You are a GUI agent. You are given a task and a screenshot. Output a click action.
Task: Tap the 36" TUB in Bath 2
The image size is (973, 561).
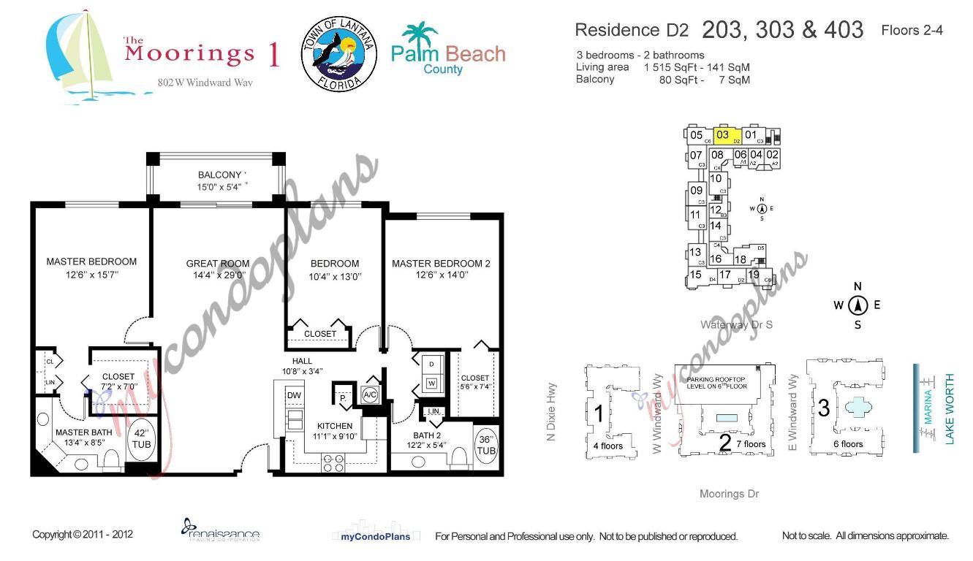pos(486,445)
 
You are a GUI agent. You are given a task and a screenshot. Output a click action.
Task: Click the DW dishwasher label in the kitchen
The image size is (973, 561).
pos(294,395)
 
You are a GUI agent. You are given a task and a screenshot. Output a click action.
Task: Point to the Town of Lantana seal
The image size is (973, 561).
pos(339,55)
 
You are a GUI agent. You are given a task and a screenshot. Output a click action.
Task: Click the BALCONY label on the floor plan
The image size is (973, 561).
pos(220,175)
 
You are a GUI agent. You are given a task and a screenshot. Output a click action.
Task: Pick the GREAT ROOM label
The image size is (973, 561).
pos(217,264)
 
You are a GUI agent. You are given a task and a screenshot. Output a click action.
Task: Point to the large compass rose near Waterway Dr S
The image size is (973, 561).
pos(857,305)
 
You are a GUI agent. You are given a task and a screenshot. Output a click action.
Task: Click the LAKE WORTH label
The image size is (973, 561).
pos(950,409)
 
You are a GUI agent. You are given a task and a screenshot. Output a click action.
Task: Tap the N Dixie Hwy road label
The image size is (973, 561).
pos(553,413)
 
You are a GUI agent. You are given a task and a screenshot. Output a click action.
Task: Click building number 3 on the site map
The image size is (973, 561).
pos(823,408)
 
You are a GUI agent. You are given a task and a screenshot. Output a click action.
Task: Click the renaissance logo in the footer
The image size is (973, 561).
pos(220,530)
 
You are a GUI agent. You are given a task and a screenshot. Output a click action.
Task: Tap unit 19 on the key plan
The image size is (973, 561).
pos(754,275)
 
